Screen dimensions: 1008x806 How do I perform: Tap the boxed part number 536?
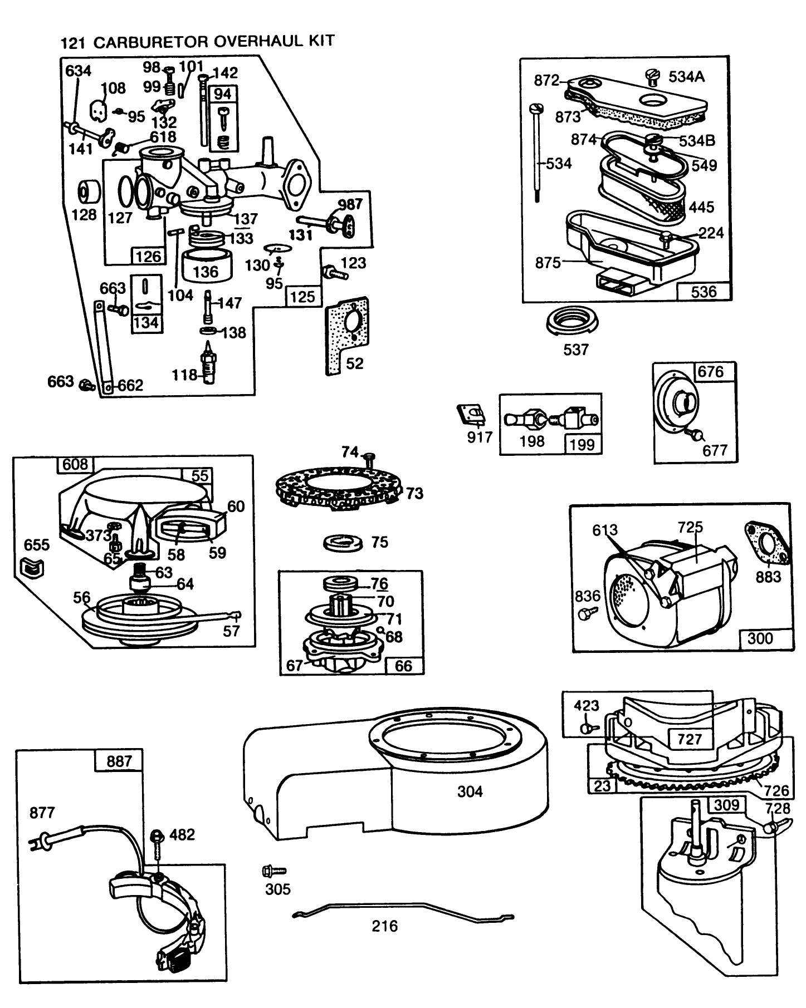704,292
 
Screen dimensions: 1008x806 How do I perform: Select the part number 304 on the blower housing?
470,791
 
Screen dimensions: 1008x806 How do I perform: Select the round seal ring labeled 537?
574,321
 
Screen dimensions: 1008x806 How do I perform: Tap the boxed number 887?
119,761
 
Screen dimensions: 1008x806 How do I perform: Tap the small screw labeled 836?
587,613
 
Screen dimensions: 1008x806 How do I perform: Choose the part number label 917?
480,437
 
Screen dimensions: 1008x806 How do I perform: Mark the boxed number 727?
690,739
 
